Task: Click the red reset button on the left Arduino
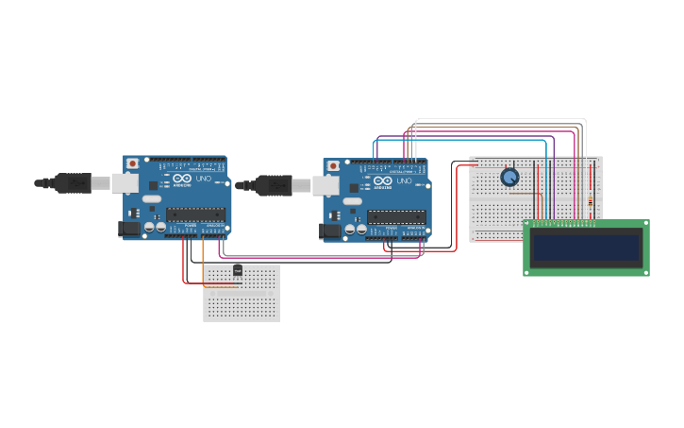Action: [x=132, y=163]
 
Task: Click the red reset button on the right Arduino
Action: [x=332, y=166]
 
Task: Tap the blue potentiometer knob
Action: [x=509, y=177]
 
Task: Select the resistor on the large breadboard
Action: [x=591, y=200]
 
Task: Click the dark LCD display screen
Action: [x=586, y=248]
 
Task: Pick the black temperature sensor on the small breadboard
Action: [x=238, y=270]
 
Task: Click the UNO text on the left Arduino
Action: [x=204, y=179]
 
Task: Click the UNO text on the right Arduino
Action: [x=404, y=180]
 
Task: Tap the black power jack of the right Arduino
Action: [x=328, y=231]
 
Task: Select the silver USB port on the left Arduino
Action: [x=125, y=182]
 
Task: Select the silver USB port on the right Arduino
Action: [x=325, y=185]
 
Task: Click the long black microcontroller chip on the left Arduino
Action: [x=195, y=214]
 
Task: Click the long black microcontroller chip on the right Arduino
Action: [x=396, y=216]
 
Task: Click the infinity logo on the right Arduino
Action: [x=382, y=180]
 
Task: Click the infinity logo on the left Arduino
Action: [x=182, y=179]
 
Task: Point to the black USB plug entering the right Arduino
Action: [x=273, y=185]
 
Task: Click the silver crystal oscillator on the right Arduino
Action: [x=352, y=201]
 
